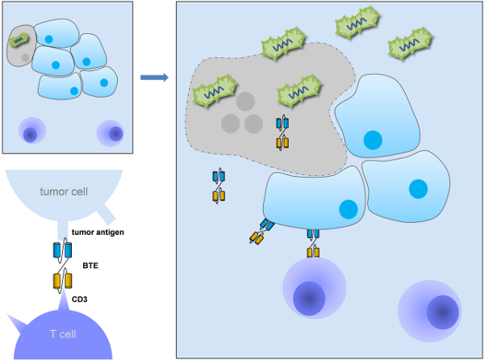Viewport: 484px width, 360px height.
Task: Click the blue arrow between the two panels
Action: (x=154, y=77)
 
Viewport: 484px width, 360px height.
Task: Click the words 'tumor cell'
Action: (x=64, y=192)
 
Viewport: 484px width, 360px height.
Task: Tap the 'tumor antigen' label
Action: (x=98, y=232)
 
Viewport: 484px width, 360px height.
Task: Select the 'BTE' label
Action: (x=90, y=266)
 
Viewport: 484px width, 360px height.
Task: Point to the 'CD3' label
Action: (x=80, y=299)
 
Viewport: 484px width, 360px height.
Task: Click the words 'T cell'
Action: (x=63, y=334)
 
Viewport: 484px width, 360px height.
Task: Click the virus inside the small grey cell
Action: (x=19, y=40)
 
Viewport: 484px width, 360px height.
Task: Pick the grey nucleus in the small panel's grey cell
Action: (x=25, y=57)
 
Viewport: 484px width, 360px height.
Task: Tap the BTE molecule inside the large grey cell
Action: (x=282, y=133)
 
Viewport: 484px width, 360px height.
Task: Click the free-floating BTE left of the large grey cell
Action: (x=219, y=186)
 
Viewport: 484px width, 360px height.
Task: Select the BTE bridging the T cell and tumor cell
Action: (x=313, y=243)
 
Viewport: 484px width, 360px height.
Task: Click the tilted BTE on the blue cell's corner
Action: (x=261, y=232)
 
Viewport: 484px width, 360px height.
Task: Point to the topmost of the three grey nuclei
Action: (x=245, y=101)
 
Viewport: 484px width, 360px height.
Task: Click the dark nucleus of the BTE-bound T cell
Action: (x=309, y=298)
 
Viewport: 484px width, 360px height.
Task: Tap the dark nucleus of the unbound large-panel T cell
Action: (x=443, y=312)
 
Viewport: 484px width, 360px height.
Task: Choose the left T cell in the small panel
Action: (x=32, y=130)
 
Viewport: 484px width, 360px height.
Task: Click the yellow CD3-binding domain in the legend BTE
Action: (x=63, y=281)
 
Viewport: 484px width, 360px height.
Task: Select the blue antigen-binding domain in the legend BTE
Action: (x=63, y=250)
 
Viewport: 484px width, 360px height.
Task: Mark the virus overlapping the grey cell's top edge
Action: (x=284, y=44)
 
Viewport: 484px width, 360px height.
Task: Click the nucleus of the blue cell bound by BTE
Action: (x=348, y=209)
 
